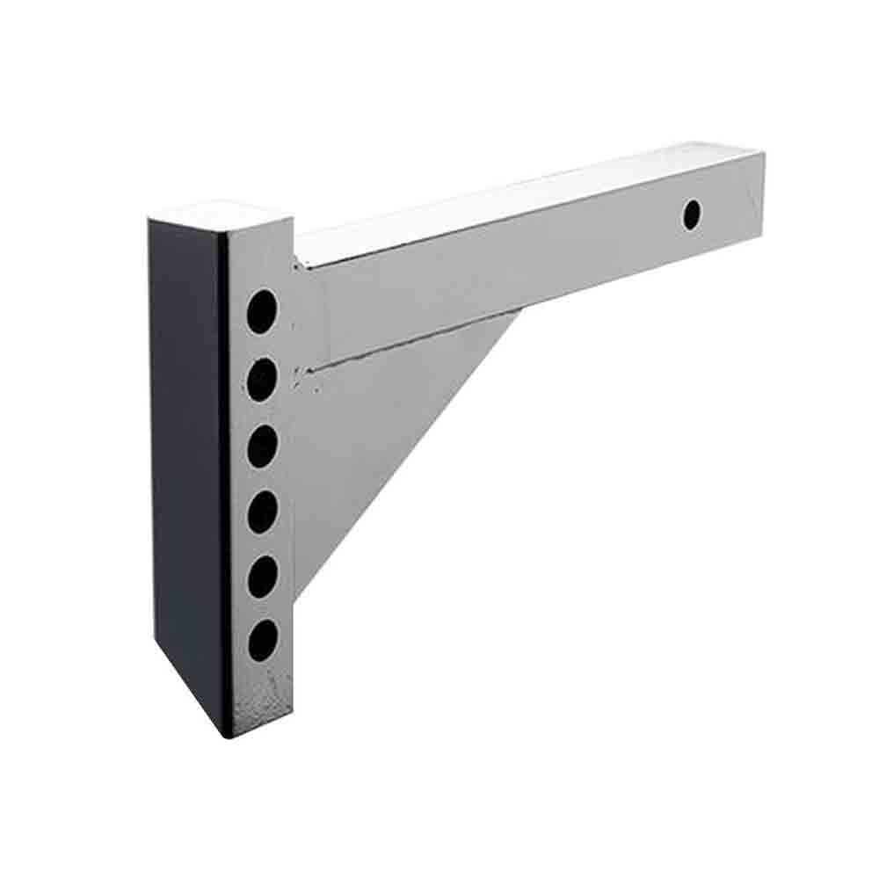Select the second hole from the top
click(x=262, y=380)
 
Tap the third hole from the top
click(x=262, y=447)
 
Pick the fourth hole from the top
click(x=262, y=512)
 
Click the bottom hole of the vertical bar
click(x=262, y=641)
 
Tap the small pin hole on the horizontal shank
click(x=692, y=213)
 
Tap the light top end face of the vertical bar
click(x=220, y=215)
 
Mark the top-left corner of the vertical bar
click(x=151, y=219)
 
